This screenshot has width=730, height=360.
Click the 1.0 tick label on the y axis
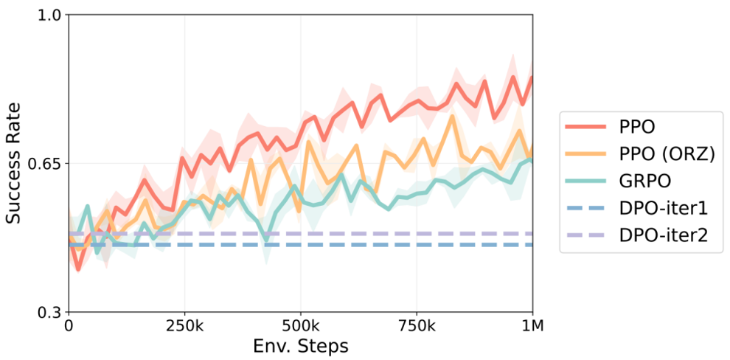point(49,15)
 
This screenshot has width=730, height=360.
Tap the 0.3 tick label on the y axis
point(49,311)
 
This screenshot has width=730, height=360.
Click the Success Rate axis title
point(15,163)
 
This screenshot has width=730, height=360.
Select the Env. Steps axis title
point(300,345)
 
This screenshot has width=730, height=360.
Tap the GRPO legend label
point(644,181)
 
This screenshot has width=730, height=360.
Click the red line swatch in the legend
point(585,127)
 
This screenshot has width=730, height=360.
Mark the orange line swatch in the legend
point(585,154)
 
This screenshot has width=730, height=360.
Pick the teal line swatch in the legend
point(585,181)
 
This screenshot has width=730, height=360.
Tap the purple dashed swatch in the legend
point(585,235)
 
